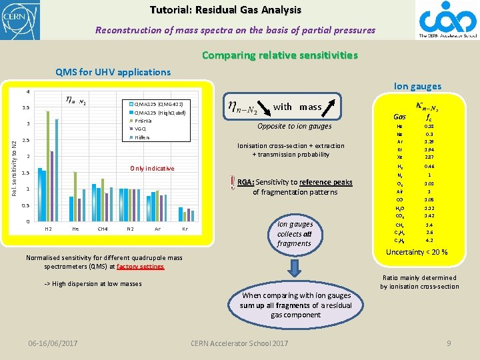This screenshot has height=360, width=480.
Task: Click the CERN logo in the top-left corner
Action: [20, 19]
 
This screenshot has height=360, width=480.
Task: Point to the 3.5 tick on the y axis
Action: [25, 107]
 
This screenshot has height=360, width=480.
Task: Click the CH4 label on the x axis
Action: [102, 229]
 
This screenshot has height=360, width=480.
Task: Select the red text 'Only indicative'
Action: [152, 168]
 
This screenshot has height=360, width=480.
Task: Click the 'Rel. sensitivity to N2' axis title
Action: [14, 157]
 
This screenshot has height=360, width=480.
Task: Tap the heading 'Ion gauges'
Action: [417, 86]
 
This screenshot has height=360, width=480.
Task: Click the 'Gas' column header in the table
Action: [399, 117]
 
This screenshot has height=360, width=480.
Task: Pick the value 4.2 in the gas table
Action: [429, 240]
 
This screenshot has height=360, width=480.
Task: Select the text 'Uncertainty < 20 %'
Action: [417, 253]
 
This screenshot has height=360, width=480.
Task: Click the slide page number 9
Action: [449, 343]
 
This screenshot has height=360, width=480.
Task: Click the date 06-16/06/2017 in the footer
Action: [53, 343]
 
